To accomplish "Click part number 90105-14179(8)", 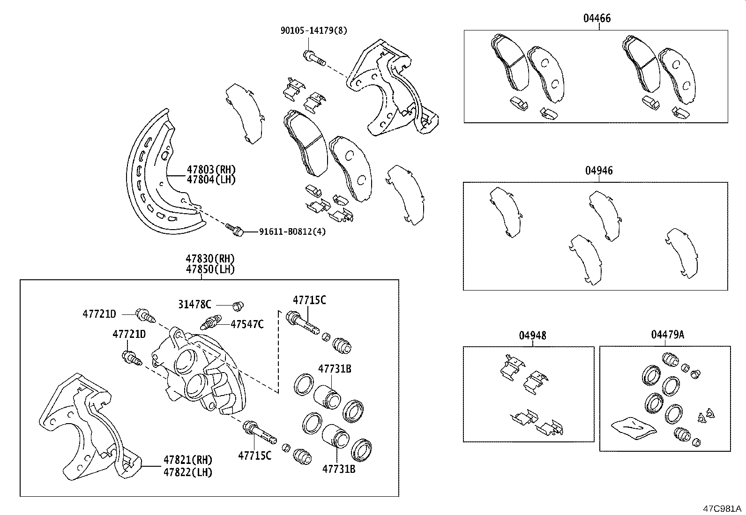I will [x=313, y=31].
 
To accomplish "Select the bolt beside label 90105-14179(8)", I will [x=314, y=59].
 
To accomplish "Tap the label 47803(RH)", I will [x=211, y=170].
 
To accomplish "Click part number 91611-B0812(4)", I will [x=292, y=231].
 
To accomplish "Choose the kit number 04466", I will [x=597, y=19].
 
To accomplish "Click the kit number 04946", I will [x=598, y=171].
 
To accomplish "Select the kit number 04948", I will [x=532, y=336].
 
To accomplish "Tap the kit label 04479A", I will [x=667, y=335].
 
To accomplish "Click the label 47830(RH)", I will [x=210, y=259].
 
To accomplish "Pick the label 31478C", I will [x=194, y=304].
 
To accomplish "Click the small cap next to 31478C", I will [x=239, y=306].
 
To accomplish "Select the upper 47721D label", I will [x=99, y=314].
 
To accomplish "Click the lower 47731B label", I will [x=338, y=469].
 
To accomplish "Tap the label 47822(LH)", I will [x=187, y=472].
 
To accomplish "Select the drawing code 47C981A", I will [x=722, y=508].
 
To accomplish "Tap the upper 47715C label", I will [x=309, y=300].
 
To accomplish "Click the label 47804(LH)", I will [x=211, y=179].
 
